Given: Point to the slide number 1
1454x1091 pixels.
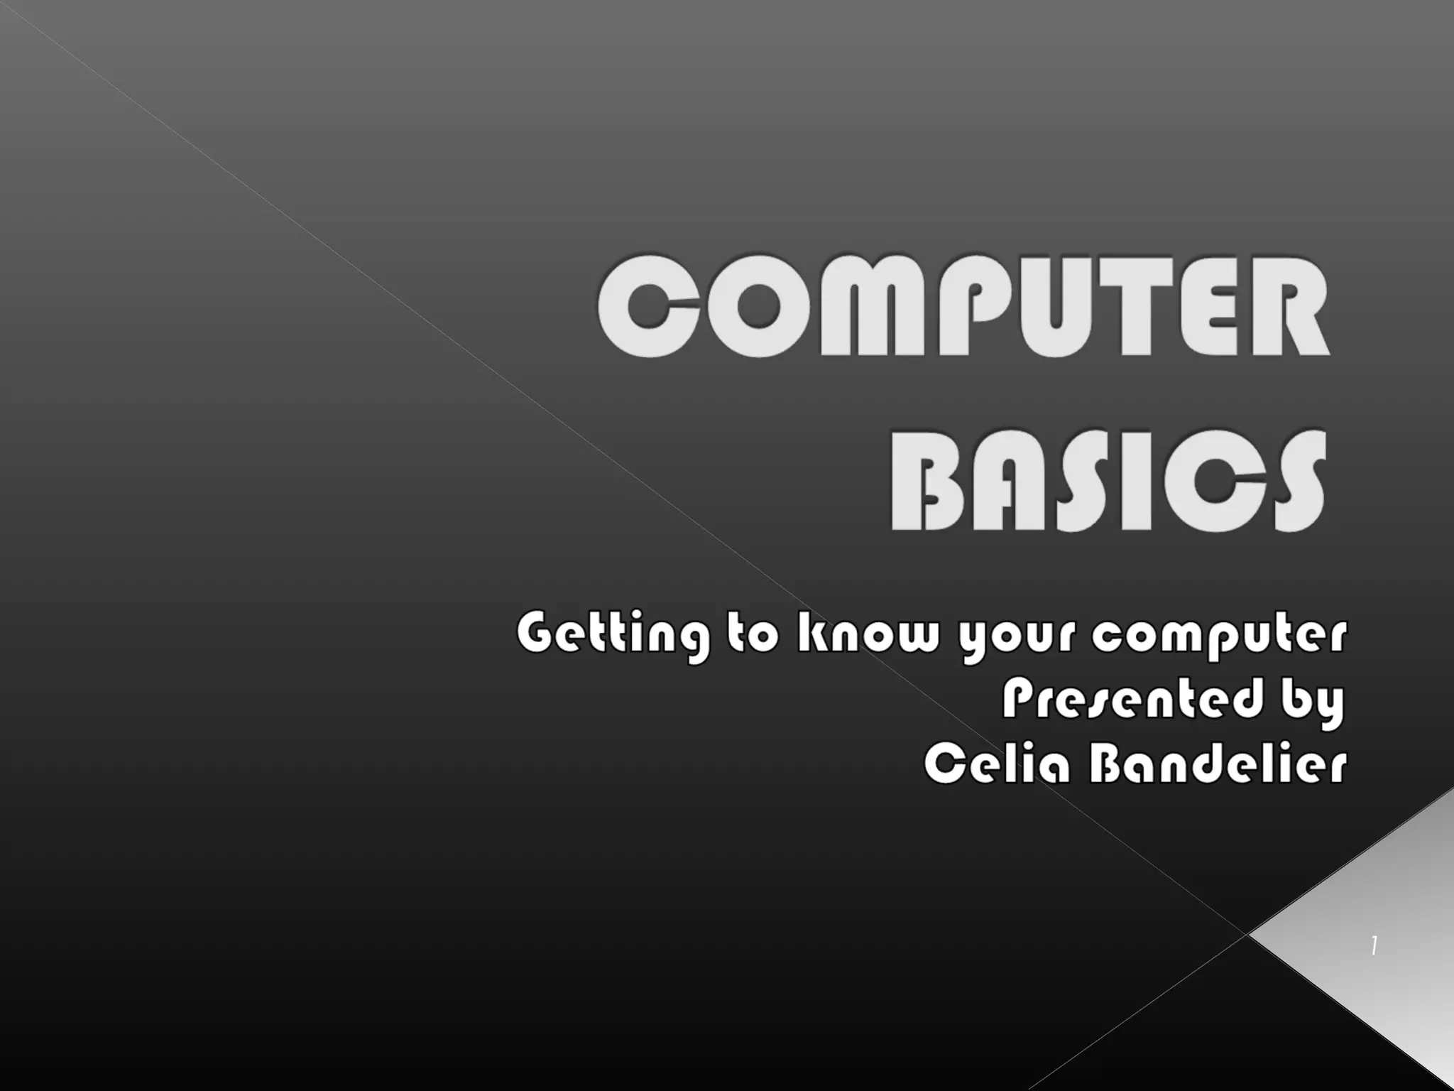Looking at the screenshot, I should [1374, 946].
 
